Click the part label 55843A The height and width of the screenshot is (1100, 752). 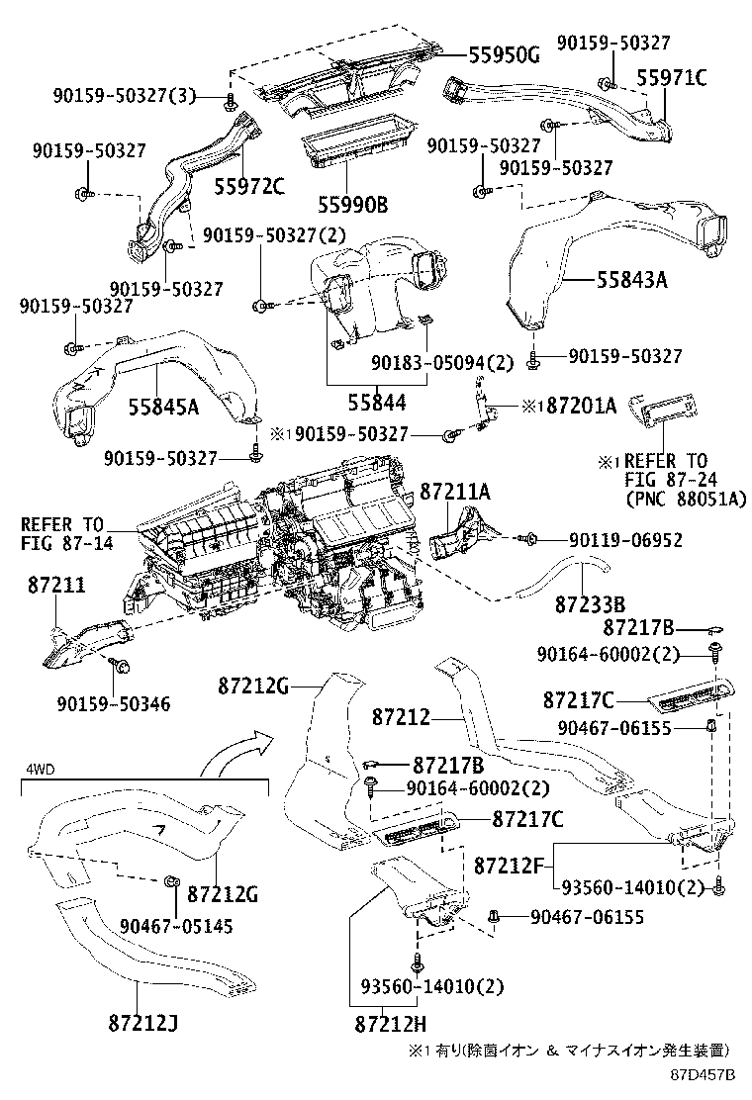click(631, 280)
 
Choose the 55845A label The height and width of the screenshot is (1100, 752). click(163, 405)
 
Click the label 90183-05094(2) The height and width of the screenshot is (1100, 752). click(443, 362)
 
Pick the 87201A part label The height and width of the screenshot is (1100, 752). click(575, 405)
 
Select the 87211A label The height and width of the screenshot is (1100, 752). click(454, 491)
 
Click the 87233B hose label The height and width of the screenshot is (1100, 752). click(590, 602)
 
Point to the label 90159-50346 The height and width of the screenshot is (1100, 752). click(114, 704)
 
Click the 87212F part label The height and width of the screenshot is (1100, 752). click(510, 864)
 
